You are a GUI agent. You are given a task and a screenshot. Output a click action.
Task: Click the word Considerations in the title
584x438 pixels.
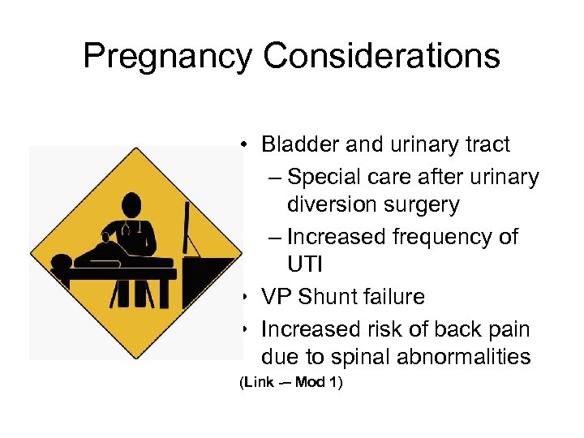(381, 57)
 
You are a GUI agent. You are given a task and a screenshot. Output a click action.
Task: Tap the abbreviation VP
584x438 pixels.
(277, 297)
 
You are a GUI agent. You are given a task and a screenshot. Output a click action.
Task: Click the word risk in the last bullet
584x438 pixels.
(392, 328)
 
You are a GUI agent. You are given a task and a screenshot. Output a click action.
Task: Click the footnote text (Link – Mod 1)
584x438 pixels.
(291, 383)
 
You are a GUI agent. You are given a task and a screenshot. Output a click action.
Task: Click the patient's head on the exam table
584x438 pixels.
(61, 260)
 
